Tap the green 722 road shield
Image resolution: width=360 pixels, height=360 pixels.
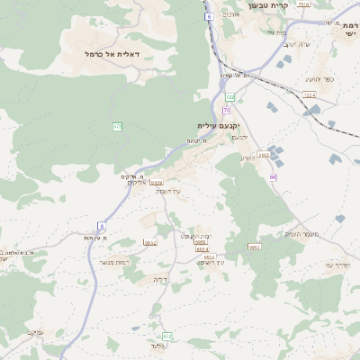(230, 96)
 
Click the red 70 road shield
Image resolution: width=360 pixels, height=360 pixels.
(227, 109)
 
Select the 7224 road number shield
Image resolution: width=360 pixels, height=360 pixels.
(310, 94)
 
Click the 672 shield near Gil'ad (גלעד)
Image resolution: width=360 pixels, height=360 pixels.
(167, 337)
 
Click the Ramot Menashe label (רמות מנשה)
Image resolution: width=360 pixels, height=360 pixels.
(115, 262)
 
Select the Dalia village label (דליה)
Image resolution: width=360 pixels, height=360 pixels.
(160, 279)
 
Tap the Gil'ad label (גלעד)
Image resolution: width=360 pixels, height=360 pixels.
(158, 346)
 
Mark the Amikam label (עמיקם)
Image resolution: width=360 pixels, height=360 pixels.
(35, 332)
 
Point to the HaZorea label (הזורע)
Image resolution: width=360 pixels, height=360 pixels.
(248, 158)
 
